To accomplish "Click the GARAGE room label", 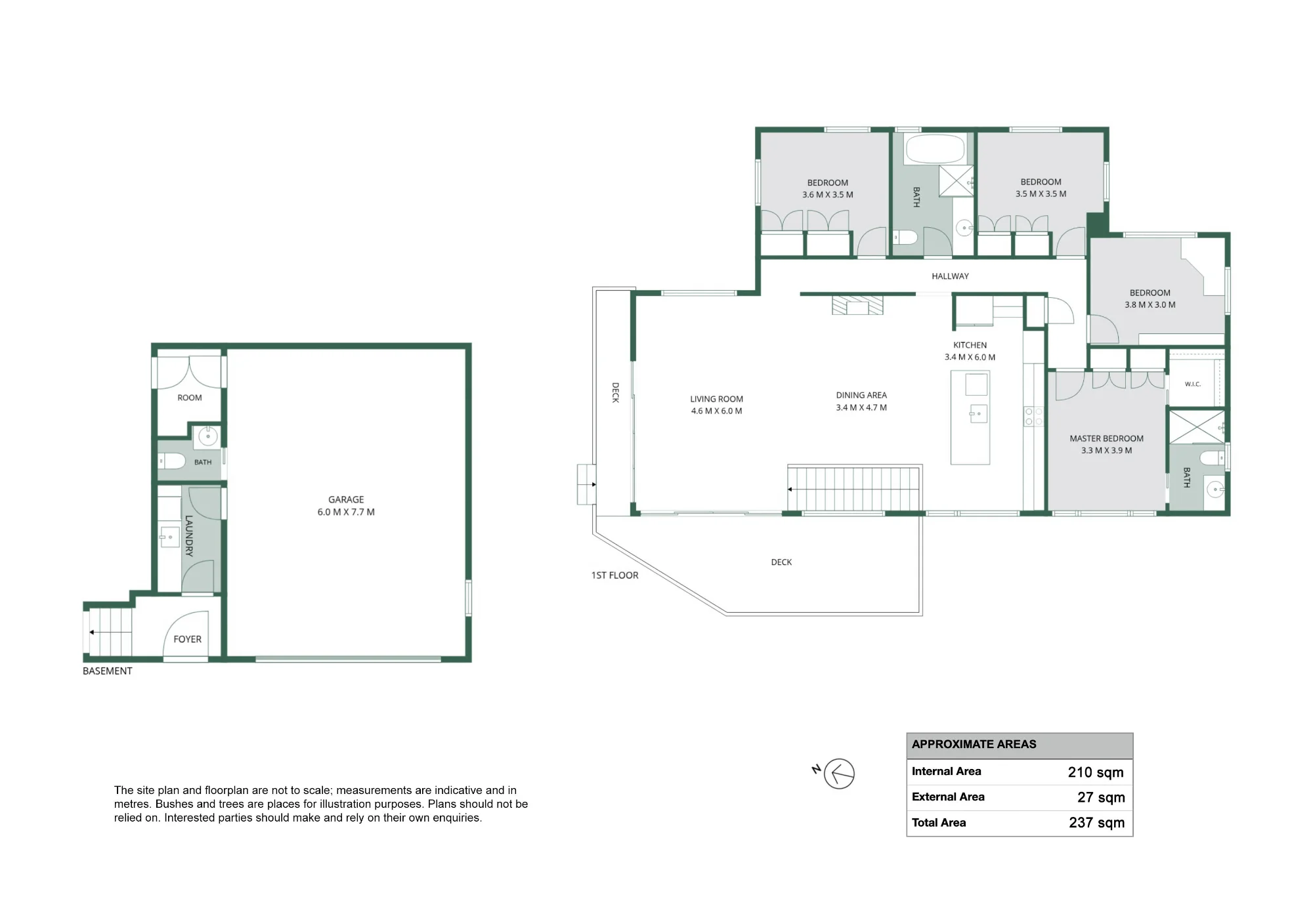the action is coord(346,499).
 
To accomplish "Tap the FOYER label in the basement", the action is coord(188,639).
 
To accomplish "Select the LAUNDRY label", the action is coord(189,536).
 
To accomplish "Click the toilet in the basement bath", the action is coord(173,461).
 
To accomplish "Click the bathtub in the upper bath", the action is coord(936,149).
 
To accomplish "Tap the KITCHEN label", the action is coord(970,345).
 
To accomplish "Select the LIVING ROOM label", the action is coord(717,399).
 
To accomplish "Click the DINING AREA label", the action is coord(861,395).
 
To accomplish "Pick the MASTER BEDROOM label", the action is coord(1107,438).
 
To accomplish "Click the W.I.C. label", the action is coord(1193,384).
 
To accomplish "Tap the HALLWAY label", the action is coord(950,276).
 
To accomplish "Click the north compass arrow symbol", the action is coord(839,774).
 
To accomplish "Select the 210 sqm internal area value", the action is coord(1096,772).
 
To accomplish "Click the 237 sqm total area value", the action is coord(1096,823).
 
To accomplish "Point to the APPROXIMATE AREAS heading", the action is coord(974,744).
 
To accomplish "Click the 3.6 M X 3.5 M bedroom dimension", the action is coord(828,195).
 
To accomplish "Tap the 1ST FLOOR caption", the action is coord(614,575).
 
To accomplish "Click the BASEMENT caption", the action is coord(108,671).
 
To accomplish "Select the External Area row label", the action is coord(948,797).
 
